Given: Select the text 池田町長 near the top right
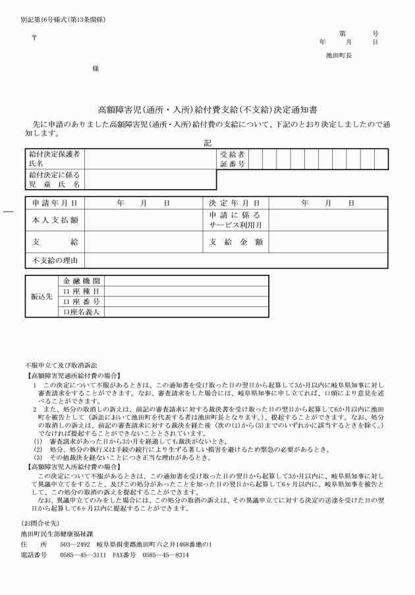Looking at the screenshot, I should pyautogui.click(x=339, y=55).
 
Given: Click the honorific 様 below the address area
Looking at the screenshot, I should pyautogui.click(x=96, y=69).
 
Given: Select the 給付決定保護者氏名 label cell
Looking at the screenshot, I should pyautogui.click(x=55, y=158).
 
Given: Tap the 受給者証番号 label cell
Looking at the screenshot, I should pyautogui.click(x=233, y=158).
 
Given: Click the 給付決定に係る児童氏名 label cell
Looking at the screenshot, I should pyautogui.click(x=55, y=180).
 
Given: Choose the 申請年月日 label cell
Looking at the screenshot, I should pyautogui.click(x=55, y=204).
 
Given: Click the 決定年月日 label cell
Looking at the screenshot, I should pyautogui.click(x=236, y=204).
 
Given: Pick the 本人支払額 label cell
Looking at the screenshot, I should pyautogui.click(x=55, y=220).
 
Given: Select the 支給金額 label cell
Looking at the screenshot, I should pyautogui.click(x=236, y=242).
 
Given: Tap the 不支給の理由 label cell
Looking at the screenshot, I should pyautogui.click(x=55, y=260).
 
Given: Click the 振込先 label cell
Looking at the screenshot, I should pyautogui.click(x=41, y=297).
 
